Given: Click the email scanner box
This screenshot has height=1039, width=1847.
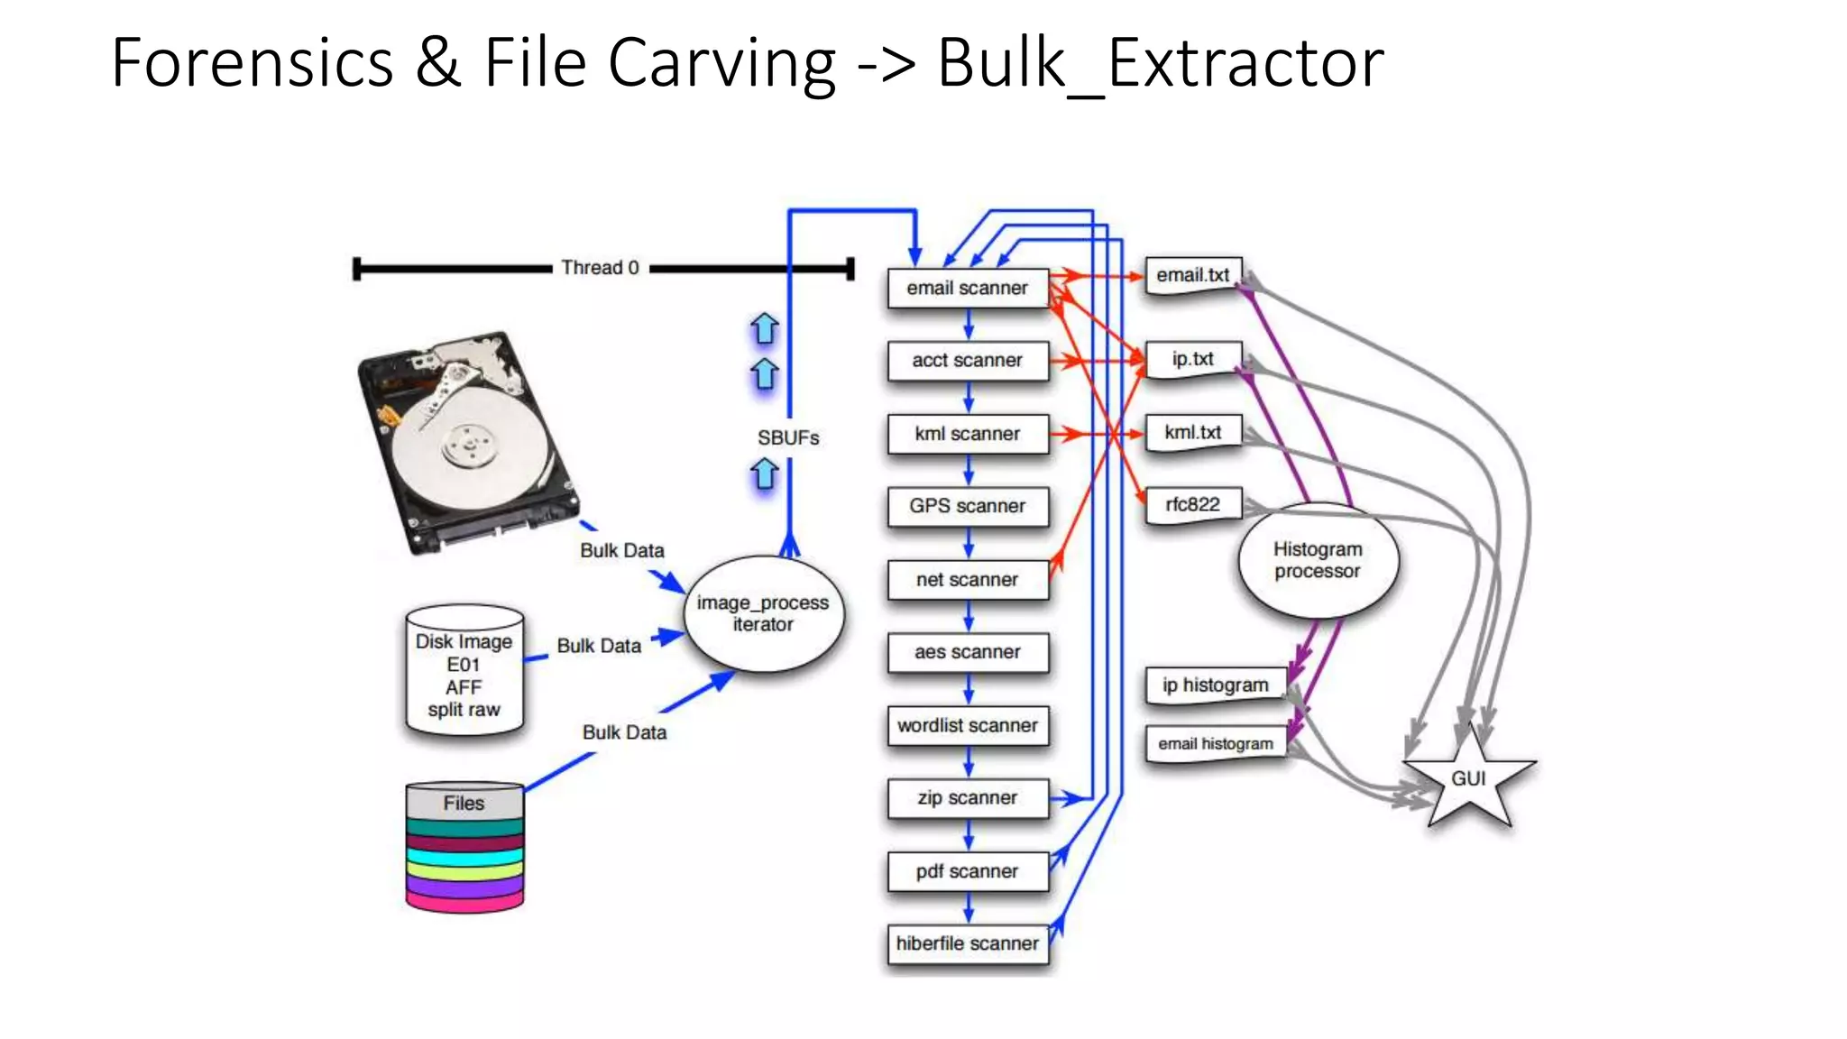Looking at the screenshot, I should [x=967, y=289].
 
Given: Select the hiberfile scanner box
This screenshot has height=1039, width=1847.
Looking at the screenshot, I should [x=967, y=943].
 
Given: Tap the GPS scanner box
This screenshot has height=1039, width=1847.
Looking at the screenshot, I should [x=967, y=506].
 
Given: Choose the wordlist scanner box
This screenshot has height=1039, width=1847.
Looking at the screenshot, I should [x=967, y=725].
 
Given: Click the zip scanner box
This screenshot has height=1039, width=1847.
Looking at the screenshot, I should [x=967, y=798].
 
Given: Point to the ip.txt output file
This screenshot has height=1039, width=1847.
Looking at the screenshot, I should [x=1192, y=359].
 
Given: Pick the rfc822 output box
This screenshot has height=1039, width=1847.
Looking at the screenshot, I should [x=1192, y=504].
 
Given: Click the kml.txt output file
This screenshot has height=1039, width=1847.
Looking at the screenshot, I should [x=1192, y=432].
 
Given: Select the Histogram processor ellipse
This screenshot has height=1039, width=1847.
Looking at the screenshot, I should [x=1318, y=560].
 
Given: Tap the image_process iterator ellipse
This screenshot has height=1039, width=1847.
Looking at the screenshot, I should [x=763, y=613].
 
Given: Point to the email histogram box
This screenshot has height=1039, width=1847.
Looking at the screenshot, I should [x=1215, y=744].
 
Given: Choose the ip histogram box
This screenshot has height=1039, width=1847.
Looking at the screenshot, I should [x=1215, y=685].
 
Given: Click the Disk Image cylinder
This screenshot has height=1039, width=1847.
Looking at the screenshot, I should [x=464, y=673].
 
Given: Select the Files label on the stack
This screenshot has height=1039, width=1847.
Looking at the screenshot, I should [x=464, y=803].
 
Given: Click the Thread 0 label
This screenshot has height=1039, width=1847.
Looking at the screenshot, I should [x=600, y=268].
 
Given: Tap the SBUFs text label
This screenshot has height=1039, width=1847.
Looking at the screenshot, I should [x=788, y=438].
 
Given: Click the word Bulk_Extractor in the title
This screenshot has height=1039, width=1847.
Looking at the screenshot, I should [x=1160, y=63].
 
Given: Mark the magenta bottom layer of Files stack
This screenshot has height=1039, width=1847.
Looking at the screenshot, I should [x=464, y=901].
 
